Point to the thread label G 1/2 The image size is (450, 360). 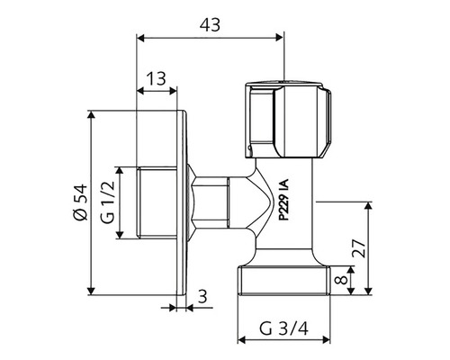[x=107, y=202]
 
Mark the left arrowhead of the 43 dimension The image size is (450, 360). [x=141, y=38]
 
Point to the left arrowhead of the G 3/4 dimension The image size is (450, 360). [x=241, y=342]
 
